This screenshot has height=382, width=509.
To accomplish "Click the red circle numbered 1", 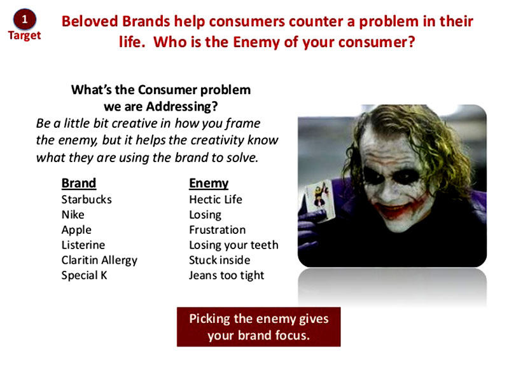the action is (x=25, y=20).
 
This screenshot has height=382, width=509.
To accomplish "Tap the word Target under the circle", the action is (x=24, y=36).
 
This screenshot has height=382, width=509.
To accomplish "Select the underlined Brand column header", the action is (x=79, y=183).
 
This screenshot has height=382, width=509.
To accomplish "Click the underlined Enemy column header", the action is (x=209, y=184).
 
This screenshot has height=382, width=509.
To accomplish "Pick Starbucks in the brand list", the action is (x=87, y=200).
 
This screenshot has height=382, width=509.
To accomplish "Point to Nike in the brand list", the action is (x=73, y=215).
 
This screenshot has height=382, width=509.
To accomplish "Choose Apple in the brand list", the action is (x=76, y=230).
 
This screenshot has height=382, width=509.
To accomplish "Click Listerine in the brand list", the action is (x=83, y=245).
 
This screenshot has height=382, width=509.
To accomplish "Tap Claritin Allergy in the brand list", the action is (x=99, y=261).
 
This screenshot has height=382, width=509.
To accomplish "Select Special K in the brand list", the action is (x=84, y=276).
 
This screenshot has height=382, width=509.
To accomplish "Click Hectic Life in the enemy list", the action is (x=216, y=200).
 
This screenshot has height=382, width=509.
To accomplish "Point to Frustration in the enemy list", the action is (x=217, y=230).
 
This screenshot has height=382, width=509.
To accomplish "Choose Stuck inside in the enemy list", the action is (x=220, y=260).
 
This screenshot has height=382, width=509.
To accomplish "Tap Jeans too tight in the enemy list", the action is (x=227, y=276).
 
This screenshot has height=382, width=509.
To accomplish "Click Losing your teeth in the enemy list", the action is (x=234, y=245).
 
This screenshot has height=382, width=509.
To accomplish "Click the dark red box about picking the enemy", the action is (x=259, y=327).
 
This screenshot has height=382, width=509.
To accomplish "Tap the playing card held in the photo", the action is (x=319, y=200).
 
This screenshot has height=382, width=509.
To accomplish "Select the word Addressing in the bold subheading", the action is (x=182, y=107).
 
